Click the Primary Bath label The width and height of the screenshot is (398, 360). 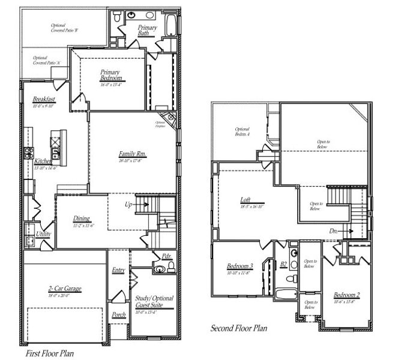point(147,31)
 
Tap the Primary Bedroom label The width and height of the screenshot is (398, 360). point(110,76)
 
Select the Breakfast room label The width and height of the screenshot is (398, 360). point(44,99)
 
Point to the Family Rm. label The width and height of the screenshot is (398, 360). point(133,154)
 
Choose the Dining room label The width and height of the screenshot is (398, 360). point(82,218)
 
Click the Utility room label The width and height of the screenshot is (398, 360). point(43,233)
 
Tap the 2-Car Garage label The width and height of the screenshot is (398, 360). point(65,289)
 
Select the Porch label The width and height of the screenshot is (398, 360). point(119,314)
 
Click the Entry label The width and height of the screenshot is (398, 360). point(118,270)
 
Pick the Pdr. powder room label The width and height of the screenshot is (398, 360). point(166,256)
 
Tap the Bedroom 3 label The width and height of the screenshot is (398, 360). point(240,266)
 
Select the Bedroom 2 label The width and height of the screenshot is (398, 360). point(346,295)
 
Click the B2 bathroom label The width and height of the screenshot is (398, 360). point(283,263)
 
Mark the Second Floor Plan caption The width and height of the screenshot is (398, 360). point(238,328)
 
